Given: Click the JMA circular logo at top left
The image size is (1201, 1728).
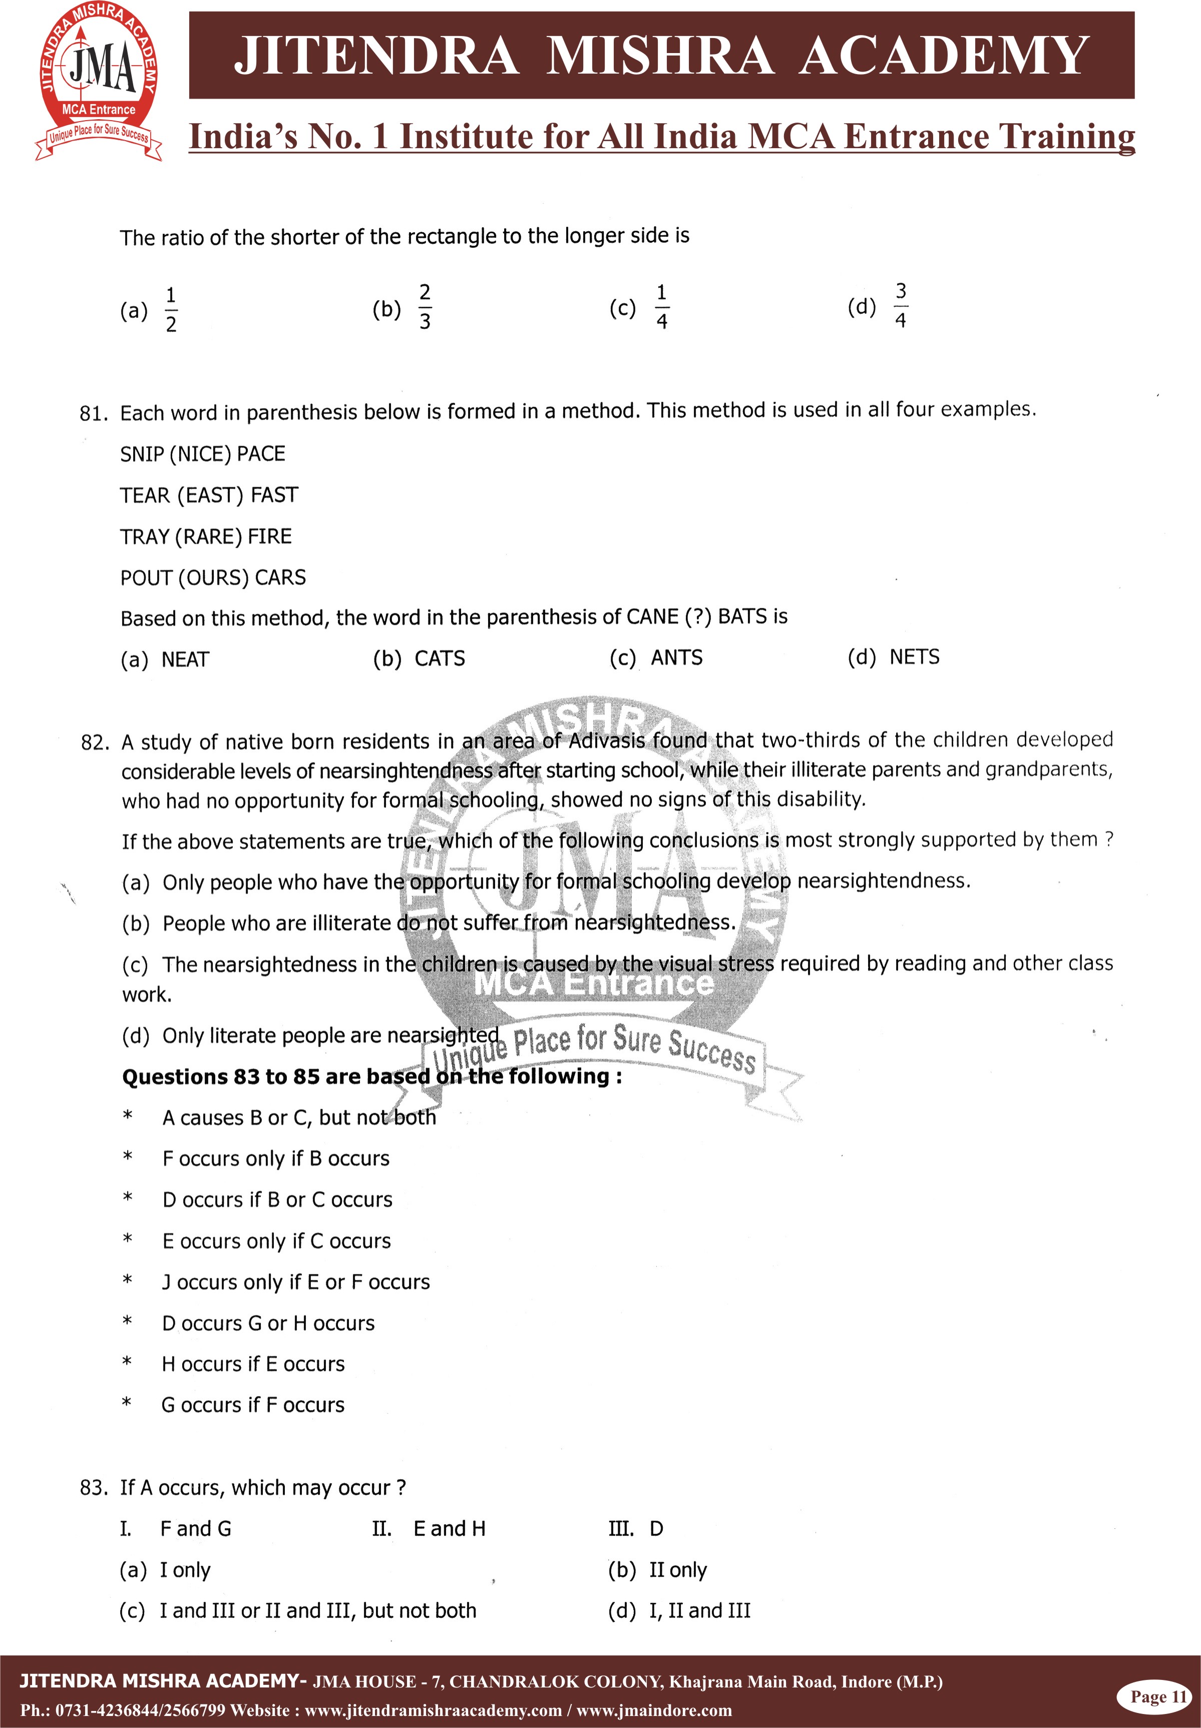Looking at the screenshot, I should [99, 81].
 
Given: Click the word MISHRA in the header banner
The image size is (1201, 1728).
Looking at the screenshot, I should [659, 56].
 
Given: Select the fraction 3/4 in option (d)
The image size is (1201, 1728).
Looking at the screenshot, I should [900, 305].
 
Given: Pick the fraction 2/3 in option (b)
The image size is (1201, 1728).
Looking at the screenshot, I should [425, 306].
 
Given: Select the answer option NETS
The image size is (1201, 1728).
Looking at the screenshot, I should [914, 657].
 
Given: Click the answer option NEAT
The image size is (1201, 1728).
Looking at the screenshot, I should [185, 660].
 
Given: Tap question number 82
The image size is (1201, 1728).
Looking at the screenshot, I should [94, 743].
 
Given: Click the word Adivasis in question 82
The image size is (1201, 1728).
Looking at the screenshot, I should [607, 741].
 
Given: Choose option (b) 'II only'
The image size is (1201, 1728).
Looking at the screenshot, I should [677, 1570].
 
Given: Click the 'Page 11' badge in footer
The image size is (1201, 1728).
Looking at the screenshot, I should [1157, 1696].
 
